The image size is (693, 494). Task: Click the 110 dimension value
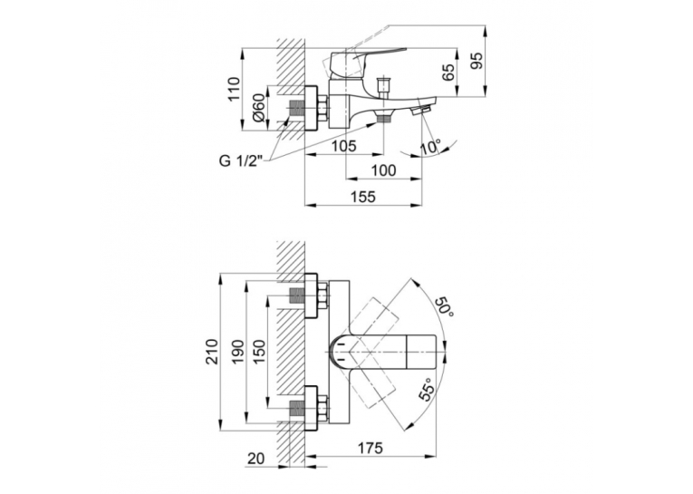[x=234, y=89]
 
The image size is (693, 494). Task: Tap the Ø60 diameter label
[x=259, y=108]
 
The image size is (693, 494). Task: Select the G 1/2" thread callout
[x=241, y=161]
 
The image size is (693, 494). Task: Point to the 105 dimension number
[x=344, y=146]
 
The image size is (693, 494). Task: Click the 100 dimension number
[x=383, y=170]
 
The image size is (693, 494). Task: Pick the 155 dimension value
[x=363, y=197]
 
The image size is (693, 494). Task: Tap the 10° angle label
[x=430, y=147]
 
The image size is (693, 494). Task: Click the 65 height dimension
[x=448, y=72]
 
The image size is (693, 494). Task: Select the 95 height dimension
[x=476, y=61]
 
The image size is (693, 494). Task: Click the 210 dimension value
[x=213, y=351]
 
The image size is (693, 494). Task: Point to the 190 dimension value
[x=238, y=352]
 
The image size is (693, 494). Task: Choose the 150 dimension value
[x=260, y=352]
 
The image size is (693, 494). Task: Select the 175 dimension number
[x=370, y=449]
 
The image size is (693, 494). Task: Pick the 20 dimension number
[x=255, y=459]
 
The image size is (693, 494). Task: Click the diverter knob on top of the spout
[x=382, y=87]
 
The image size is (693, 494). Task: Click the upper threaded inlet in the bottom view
[x=295, y=295]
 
